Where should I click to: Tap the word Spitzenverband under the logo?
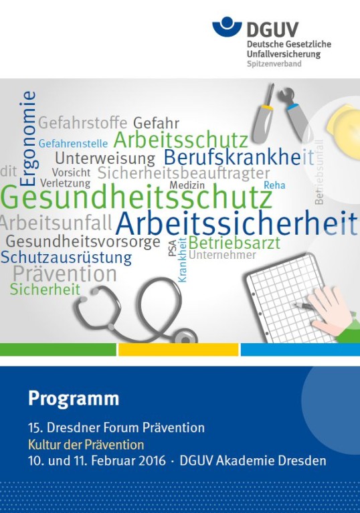pos(274,64)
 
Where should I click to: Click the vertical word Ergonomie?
pos(28,138)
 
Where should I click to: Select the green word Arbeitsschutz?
pos(181,140)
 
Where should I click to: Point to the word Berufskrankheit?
pos(239,157)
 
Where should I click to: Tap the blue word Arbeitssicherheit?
pos(236,224)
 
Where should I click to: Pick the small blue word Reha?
pos(274,185)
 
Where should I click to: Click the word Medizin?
pos(187,185)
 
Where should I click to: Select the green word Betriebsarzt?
pos(234,243)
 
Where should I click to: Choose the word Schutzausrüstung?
pos(66,258)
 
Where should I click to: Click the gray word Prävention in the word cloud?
pos(65,274)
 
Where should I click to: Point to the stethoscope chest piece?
pos(185,337)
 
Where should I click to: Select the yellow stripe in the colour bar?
pos(179,349)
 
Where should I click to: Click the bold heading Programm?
pos(74,399)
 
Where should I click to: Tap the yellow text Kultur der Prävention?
pos(86,445)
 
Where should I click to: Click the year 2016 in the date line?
pos(152,461)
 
